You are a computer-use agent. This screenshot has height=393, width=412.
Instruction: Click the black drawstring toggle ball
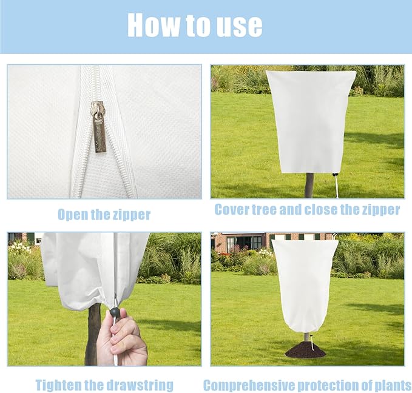114,312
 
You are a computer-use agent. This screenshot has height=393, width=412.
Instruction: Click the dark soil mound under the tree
305,350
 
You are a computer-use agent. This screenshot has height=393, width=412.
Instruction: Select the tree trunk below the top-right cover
309,184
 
